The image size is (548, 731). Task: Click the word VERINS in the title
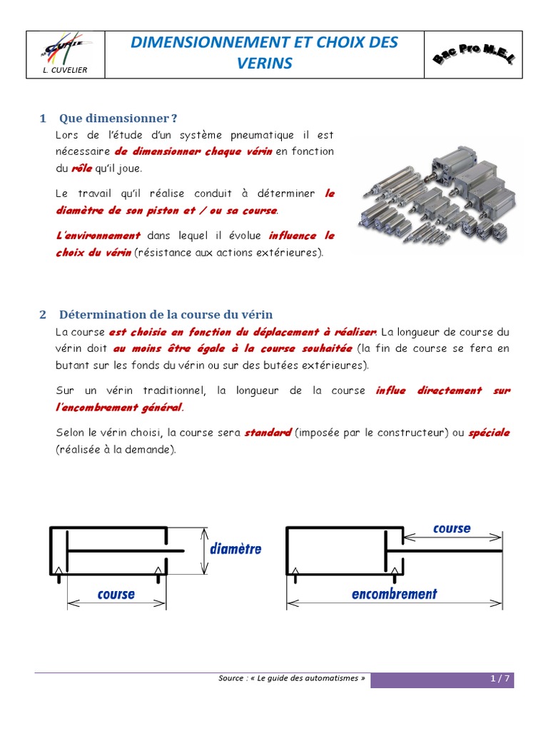pos(265,64)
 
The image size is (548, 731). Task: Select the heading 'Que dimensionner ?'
pos(118,118)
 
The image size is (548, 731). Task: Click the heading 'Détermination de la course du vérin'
pos(166,314)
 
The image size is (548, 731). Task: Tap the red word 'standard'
pos(268,433)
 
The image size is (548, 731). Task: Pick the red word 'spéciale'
pos(489,433)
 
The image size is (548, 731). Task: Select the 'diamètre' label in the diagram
pos(236,549)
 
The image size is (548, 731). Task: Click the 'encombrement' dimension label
pos(394,593)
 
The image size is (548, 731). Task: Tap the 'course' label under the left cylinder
pos(116,594)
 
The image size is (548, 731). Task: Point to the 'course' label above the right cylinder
pos(452,528)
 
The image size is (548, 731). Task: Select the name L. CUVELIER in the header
pos(65,71)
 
